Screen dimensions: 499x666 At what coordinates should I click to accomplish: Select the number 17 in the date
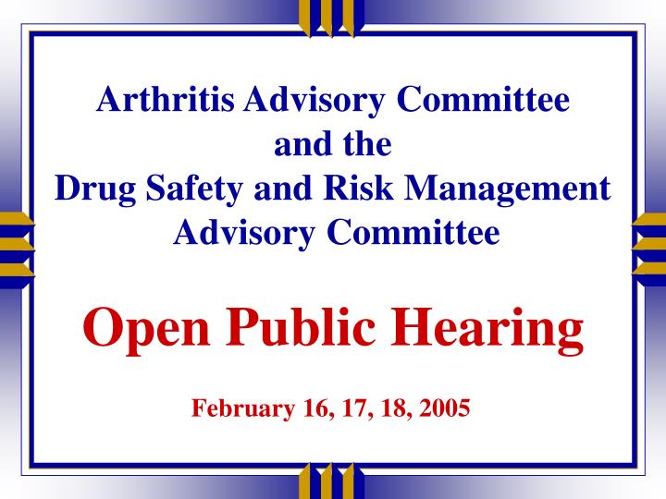click(351, 408)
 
